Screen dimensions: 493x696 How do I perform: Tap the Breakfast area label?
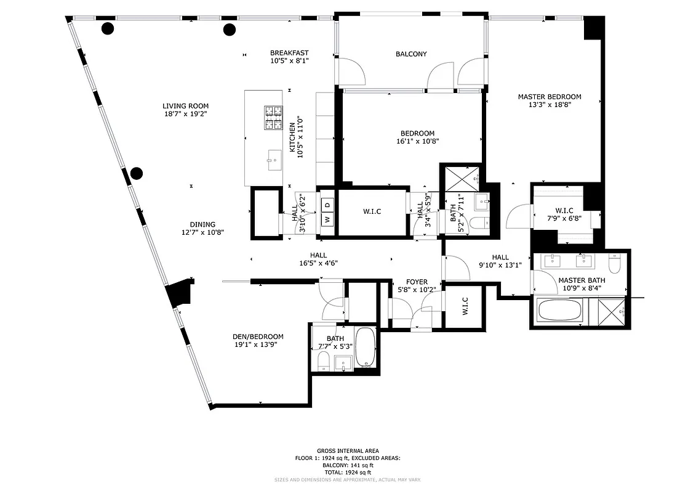coord(289,53)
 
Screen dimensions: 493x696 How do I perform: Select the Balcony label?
coord(410,54)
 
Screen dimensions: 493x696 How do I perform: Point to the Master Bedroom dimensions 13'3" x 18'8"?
coord(549,105)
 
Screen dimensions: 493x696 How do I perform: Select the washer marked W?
coord(327,219)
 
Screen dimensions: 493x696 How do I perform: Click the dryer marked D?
coord(327,205)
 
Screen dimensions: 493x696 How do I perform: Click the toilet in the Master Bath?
coord(614,263)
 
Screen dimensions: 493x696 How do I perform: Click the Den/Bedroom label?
coord(258,336)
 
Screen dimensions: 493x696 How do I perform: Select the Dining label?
coord(202,224)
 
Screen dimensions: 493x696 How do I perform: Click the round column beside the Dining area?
coord(136,173)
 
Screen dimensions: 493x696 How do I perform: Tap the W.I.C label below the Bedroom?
coord(372,211)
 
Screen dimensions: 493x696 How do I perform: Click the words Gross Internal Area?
coord(348,451)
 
